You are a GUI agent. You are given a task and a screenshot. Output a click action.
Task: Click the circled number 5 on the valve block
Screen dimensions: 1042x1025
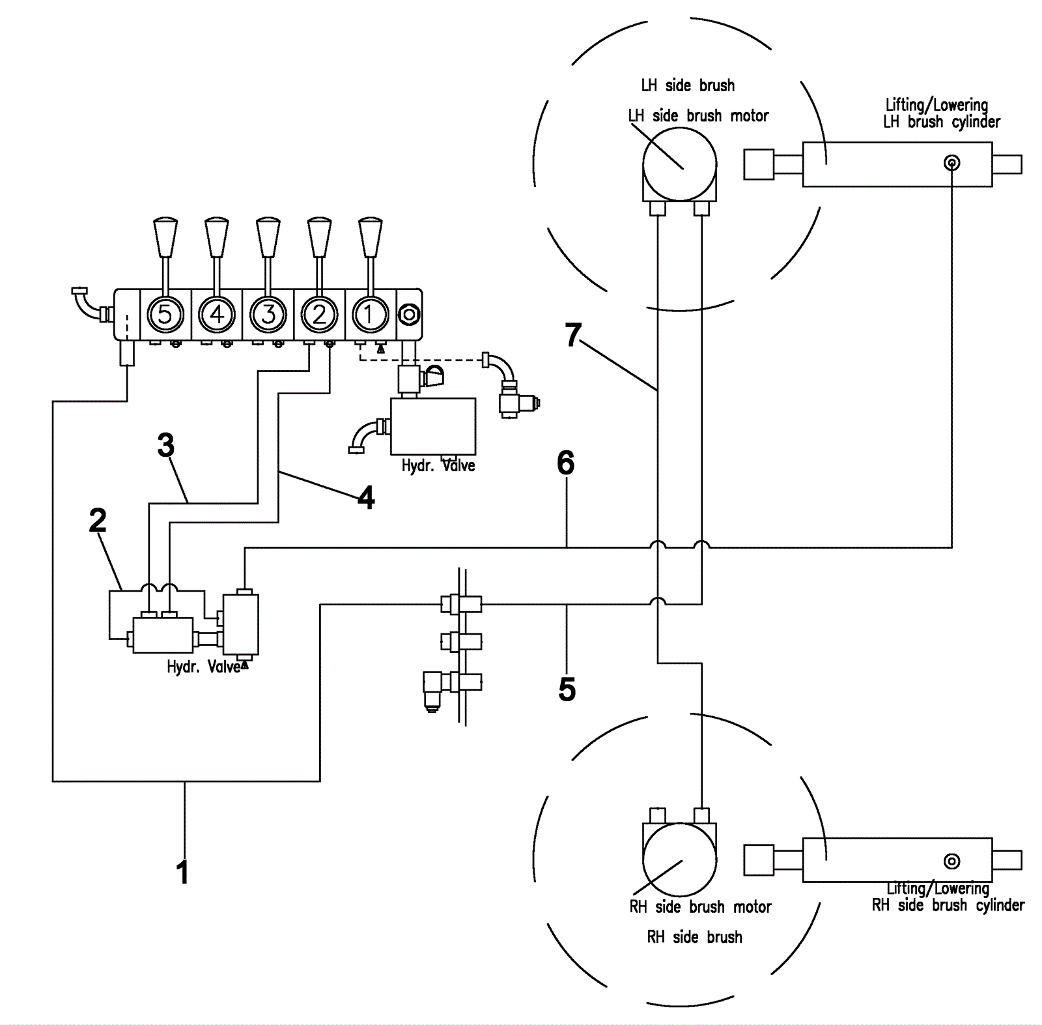click(165, 315)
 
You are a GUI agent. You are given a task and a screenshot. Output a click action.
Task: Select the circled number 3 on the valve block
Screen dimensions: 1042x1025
click(268, 315)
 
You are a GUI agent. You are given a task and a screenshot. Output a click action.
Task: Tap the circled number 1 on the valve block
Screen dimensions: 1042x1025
click(371, 315)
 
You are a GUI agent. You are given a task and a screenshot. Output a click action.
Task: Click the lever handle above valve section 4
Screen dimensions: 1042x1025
click(217, 237)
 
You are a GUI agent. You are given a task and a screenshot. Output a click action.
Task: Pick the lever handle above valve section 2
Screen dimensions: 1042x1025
click(319, 237)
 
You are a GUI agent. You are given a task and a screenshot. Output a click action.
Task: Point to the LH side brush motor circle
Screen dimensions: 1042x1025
click(680, 165)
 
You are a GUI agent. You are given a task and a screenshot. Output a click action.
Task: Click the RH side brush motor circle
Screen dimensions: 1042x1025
click(680, 859)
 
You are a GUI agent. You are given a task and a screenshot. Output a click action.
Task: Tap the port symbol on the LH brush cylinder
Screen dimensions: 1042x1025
click(952, 163)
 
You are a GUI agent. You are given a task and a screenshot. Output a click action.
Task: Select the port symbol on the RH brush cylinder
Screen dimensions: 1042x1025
click(952, 861)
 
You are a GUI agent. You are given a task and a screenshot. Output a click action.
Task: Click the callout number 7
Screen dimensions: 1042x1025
click(573, 335)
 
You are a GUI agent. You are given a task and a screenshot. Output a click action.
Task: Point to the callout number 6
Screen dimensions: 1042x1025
click(566, 463)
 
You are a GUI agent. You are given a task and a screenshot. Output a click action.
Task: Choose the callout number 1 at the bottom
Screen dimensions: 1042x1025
click(183, 872)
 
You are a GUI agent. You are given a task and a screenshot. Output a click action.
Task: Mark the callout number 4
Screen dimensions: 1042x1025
click(366, 498)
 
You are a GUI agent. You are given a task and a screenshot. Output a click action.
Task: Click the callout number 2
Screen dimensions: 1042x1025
click(98, 520)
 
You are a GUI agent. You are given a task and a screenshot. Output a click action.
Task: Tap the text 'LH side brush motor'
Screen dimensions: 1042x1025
click(698, 116)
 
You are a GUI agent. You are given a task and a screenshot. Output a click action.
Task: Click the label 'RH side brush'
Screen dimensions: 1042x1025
click(694, 937)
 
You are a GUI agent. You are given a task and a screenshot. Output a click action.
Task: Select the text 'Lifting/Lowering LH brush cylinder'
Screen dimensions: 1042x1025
click(942, 113)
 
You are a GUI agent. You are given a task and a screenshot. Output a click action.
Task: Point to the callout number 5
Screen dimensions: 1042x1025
click(567, 689)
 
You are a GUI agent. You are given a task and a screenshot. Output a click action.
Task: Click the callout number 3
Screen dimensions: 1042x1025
click(166, 446)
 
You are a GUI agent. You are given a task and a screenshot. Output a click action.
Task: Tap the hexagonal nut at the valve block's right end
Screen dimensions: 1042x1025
click(409, 315)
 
